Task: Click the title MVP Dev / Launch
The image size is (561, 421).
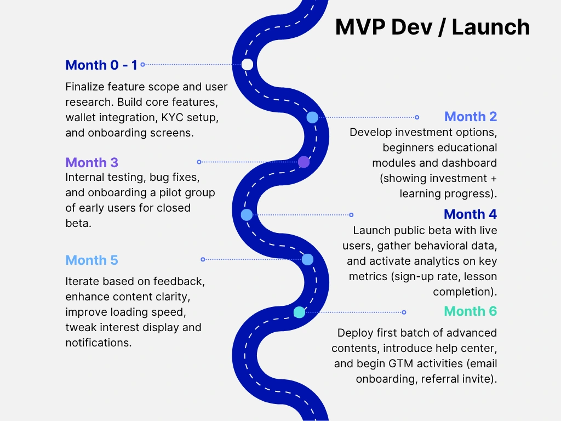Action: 432,27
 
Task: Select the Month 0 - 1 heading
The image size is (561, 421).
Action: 101,65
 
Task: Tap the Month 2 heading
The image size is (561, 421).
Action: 471,117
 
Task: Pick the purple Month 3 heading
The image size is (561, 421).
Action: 91,163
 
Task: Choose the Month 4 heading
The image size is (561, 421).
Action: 470,214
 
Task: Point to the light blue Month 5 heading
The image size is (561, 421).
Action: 91,260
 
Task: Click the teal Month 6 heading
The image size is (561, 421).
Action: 470,312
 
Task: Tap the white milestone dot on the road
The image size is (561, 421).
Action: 248,65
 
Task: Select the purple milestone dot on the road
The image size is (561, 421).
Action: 304,162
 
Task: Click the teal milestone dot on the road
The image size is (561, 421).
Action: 299,312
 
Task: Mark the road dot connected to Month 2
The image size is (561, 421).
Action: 312,117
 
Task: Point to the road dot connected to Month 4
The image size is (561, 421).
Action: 247,215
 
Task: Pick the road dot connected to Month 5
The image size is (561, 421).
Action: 307,259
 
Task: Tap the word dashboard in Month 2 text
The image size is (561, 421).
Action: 471,163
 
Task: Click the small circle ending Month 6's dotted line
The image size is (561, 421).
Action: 404,312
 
